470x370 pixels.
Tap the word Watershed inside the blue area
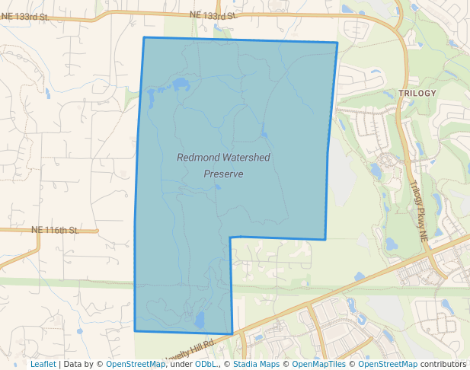pos(245,158)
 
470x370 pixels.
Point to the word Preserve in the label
pos(223,174)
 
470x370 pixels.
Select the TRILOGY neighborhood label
pos(417,94)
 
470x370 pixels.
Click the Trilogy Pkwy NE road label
pos(419,211)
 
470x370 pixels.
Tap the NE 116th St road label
pos(55,229)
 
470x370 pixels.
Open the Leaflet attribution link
pos(43,364)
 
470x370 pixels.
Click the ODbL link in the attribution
pos(205,364)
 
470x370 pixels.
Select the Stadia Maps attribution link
pos(255,364)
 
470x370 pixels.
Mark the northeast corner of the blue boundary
pos(337,43)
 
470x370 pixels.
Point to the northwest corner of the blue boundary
pos(144,37)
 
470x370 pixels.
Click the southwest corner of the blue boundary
pos(135,331)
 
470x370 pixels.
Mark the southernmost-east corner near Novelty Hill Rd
pos(232,333)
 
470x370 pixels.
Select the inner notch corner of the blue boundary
pos(230,238)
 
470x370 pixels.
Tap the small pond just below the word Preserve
pos(217,185)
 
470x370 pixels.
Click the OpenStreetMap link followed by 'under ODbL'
pos(135,364)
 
